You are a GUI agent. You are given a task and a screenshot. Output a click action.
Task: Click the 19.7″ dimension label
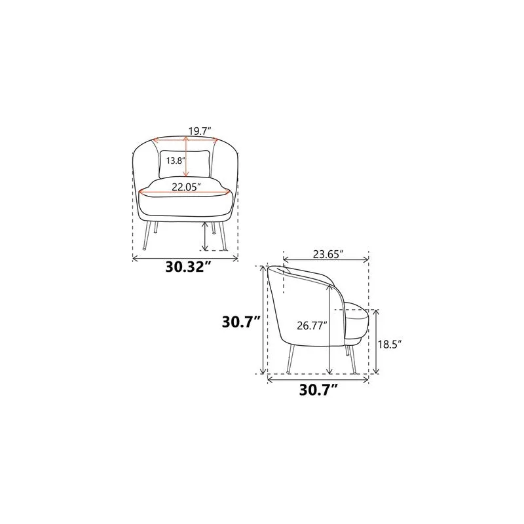[200, 131]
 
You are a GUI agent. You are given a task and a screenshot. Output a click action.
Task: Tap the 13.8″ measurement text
[176, 160]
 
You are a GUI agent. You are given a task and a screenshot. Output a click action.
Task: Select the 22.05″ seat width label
[187, 187]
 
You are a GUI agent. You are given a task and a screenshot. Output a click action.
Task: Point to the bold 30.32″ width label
[189, 267]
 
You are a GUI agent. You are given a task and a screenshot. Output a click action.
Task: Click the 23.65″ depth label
[328, 254]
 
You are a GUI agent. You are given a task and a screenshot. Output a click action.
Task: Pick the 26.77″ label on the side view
[312, 326]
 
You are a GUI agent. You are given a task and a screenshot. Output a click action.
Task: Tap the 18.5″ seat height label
[389, 345]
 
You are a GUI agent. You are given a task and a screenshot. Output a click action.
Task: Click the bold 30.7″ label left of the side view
[241, 322]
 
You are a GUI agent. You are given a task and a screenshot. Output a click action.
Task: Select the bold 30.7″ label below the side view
[318, 390]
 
